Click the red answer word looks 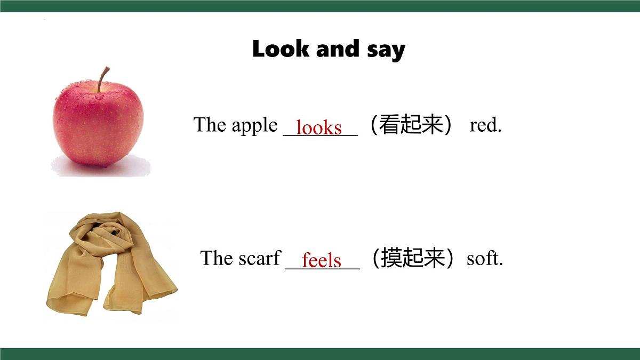[319, 127]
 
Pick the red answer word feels [321, 260]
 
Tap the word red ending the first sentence [485, 125]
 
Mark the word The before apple [210, 125]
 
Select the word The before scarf [217, 258]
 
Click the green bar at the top [320, 6]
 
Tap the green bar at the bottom [320, 354]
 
